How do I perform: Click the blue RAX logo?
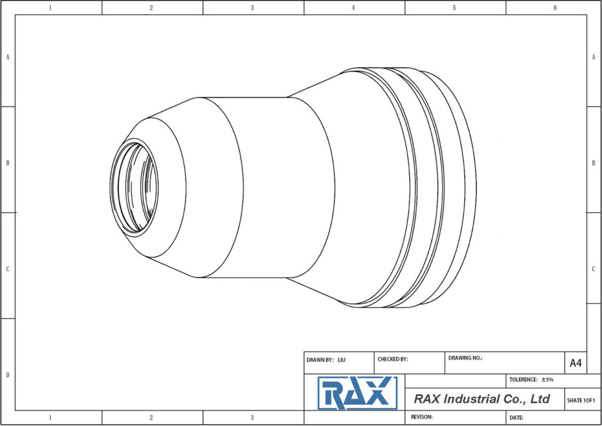[357, 393]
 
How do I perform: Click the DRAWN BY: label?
[320, 359]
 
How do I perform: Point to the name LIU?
[342, 359]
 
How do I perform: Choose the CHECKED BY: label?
[393, 359]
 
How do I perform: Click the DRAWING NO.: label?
[465, 357]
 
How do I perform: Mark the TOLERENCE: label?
[523, 380]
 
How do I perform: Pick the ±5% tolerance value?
[547, 380]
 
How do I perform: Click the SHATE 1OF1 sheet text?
[581, 400]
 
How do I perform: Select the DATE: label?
[516, 417]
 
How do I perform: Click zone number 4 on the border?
[353, 8]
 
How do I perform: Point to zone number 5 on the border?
[454, 8]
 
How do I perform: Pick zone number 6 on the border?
[555, 8]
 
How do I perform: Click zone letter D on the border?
[7, 375]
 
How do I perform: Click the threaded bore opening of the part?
[134, 186]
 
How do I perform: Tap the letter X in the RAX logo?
[379, 394]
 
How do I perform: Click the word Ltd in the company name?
[540, 399]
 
